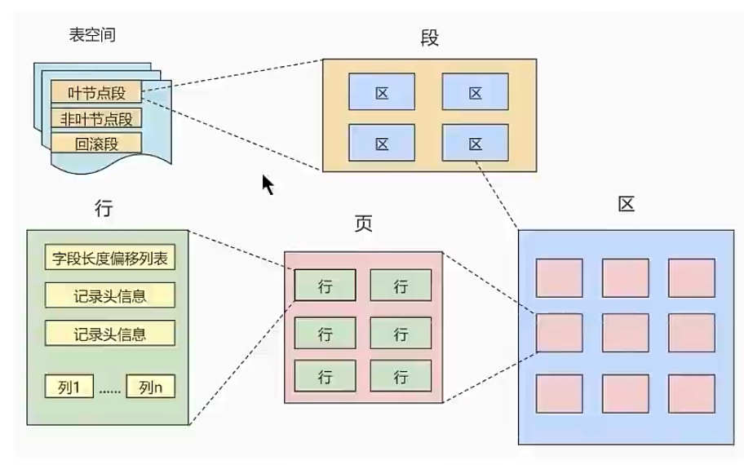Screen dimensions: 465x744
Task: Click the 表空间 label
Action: pos(92,35)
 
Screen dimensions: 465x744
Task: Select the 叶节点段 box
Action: pos(96,92)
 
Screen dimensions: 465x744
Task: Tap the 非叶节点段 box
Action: pos(96,118)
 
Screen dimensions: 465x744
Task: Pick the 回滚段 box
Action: pos(96,144)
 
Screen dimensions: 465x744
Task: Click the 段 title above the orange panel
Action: pos(429,38)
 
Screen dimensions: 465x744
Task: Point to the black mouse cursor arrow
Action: pos(267,184)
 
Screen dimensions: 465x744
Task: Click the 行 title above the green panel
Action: pos(104,208)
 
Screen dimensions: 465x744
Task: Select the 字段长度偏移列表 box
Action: pos(109,259)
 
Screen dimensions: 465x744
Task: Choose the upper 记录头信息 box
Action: pos(109,295)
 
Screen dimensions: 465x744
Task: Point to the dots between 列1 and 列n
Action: pos(109,391)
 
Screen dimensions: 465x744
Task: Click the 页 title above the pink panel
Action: pos(363,224)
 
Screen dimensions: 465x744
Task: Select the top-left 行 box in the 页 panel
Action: pos(325,286)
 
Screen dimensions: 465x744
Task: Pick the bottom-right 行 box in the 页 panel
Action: pos(401,377)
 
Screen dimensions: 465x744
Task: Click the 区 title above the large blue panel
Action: pos(626,204)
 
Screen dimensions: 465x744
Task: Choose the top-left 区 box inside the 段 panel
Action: pos(382,92)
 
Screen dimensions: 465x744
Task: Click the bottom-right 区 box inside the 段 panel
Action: pos(476,144)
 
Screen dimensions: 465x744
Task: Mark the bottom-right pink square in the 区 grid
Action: pos(692,394)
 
